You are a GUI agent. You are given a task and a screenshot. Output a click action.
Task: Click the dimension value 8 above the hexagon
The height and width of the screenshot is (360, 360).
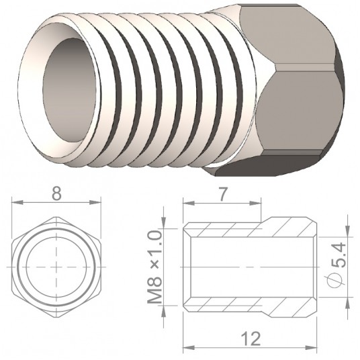(56, 193)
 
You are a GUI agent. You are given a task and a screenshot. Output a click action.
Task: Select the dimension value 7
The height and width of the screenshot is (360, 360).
(222, 195)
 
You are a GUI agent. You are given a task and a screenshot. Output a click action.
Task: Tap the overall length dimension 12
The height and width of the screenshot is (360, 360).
(252, 339)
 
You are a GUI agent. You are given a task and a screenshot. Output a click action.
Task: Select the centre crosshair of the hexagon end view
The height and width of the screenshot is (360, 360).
(56, 267)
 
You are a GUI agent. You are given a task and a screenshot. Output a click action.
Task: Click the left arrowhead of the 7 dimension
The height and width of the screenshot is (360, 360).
(189, 204)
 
